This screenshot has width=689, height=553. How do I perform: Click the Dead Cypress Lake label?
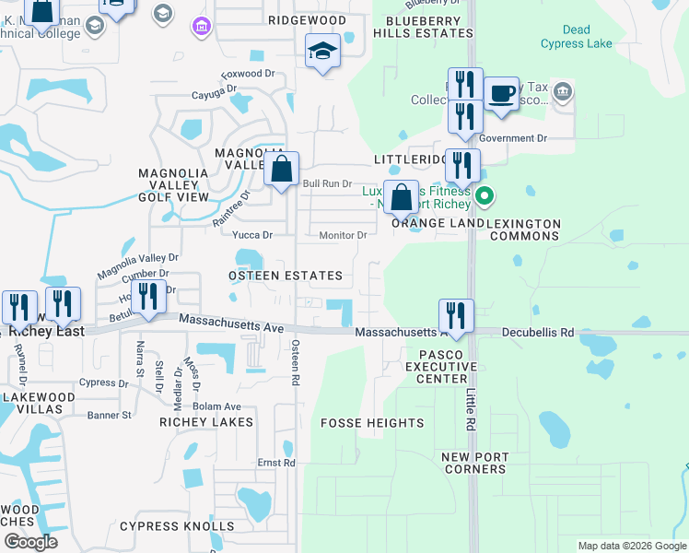[576, 37]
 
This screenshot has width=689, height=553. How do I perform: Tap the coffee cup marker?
[501, 94]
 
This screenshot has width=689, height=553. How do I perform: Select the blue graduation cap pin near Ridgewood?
[323, 51]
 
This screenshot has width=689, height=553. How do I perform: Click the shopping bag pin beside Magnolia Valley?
[282, 170]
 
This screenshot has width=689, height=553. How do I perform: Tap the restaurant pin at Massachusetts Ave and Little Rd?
[456, 316]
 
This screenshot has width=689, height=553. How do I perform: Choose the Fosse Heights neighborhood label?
[372, 423]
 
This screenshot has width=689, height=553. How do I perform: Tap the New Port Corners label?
[473, 463]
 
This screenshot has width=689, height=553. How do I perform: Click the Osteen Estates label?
[286, 276]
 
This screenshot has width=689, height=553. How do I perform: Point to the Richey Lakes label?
[206, 422]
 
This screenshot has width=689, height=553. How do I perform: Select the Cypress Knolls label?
[177, 526]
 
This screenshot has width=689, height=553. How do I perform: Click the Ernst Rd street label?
[276, 463]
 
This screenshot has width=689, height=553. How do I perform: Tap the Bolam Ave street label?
[216, 406]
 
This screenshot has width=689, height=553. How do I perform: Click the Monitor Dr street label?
[344, 235]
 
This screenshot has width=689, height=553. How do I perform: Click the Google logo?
[30, 542]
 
